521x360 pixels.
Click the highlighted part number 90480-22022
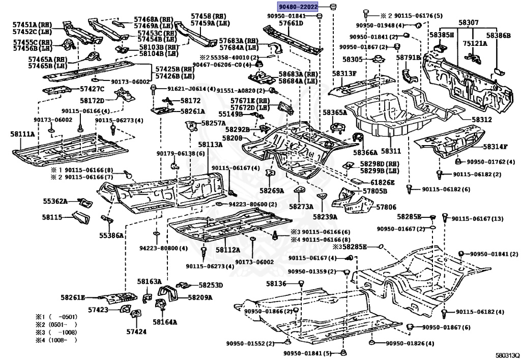pyautogui.click(x=298, y=6)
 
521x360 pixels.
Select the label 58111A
pyautogui.click(x=22, y=134)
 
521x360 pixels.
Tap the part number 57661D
pyautogui.click(x=291, y=23)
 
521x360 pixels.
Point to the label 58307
pyautogui.click(x=469, y=22)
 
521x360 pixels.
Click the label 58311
pyautogui.click(x=391, y=151)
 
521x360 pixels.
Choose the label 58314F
pyautogui.click(x=495, y=147)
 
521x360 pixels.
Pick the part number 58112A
pyautogui.click(x=227, y=250)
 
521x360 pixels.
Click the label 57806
pyautogui.click(x=386, y=207)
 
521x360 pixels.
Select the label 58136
pyautogui.click(x=276, y=284)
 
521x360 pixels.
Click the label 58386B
pyautogui.click(x=499, y=35)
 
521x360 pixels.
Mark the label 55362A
pyautogui.click(x=55, y=201)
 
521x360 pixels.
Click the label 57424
pyautogui.click(x=136, y=331)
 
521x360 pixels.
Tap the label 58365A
pyautogui.click(x=335, y=113)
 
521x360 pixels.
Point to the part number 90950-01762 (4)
pyautogui.click(x=491, y=162)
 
